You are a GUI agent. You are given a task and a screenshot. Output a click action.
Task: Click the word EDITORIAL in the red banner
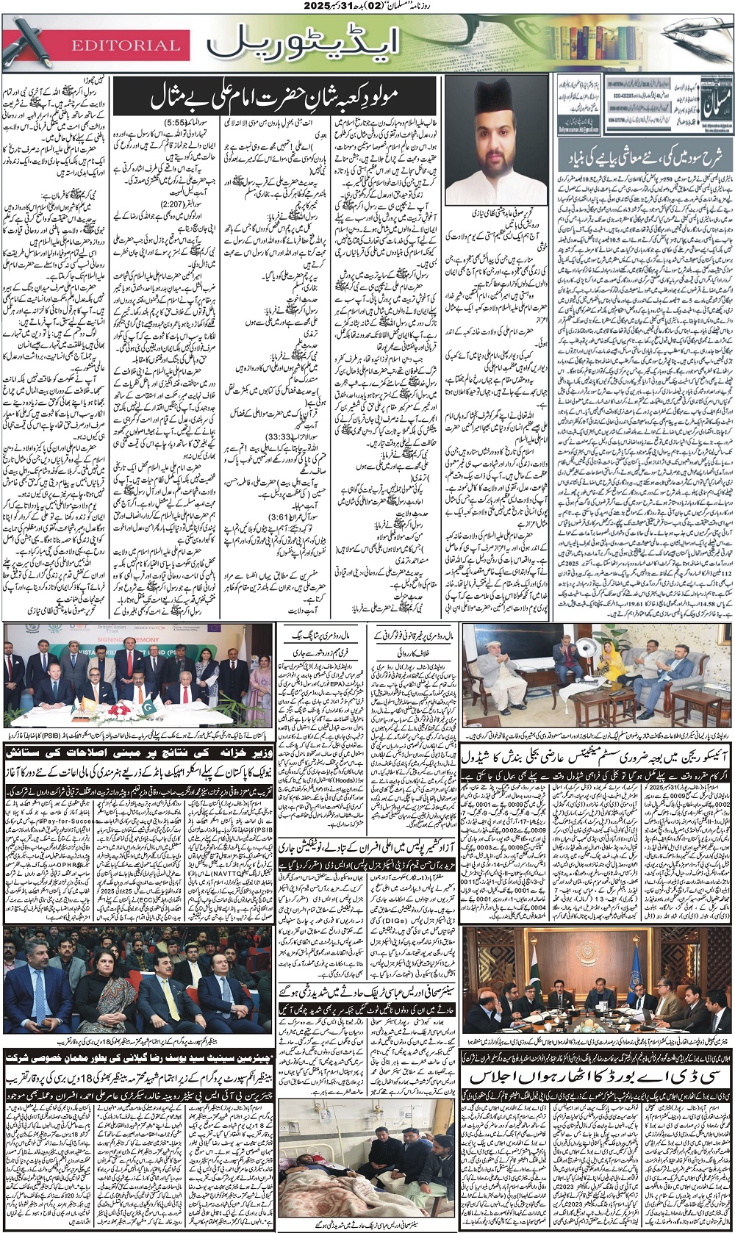coord(126,46)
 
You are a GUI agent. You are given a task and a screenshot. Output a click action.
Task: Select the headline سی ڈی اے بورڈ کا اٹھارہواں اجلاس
coord(597,1076)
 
